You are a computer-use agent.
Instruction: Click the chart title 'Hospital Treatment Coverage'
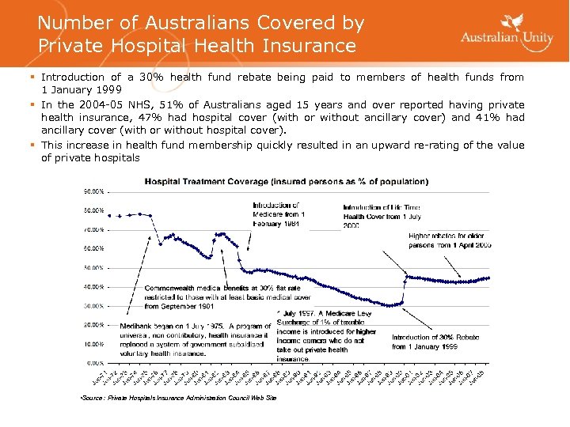(286, 181)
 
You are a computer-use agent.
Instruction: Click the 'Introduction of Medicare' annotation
(279, 214)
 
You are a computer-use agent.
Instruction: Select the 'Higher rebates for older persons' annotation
(450, 240)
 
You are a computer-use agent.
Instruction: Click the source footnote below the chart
(179, 398)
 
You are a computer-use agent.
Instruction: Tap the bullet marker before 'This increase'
(32, 145)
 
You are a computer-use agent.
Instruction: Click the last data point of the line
(488, 278)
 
